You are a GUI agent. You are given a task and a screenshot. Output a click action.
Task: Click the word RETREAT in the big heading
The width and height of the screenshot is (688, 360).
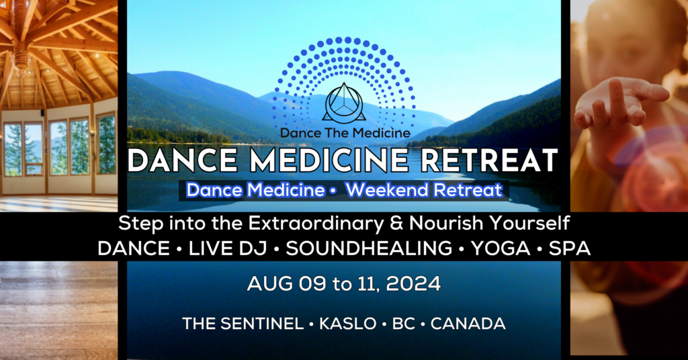pyautogui.click(x=489, y=160)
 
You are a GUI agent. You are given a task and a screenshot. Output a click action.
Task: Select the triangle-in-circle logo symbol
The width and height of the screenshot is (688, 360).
pyautogui.click(x=345, y=103)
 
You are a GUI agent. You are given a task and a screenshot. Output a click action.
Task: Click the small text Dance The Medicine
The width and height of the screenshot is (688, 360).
pyautogui.click(x=345, y=133)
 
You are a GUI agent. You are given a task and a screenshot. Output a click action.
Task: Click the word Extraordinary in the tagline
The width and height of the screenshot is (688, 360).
pyautogui.click(x=316, y=224)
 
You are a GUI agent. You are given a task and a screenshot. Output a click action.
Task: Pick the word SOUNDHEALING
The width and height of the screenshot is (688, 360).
pyautogui.click(x=369, y=249)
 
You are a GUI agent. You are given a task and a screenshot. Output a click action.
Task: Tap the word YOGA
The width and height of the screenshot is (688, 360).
pyautogui.click(x=501, y=249)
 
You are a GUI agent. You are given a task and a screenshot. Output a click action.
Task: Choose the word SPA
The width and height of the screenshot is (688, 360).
pyautogui.click(x=570, y=249)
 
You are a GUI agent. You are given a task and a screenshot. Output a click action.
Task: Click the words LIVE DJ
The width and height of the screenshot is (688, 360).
pyautogui.click(x=228, y=249)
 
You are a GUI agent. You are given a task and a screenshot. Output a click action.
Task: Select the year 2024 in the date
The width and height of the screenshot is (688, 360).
pyautogui.click(x=413, y=284)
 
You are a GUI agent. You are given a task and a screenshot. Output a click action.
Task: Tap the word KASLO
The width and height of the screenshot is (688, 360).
pyautogui.click(x=347, y=324)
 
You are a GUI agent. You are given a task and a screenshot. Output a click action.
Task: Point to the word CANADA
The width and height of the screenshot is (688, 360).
pyautogui.click(x=468, y=324)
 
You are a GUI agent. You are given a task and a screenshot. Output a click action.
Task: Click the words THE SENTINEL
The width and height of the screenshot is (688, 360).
pyautogui.click(x=243, y=324)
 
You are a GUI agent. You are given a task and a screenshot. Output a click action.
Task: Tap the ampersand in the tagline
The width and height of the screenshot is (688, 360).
pyautogui.click(x=396, y=224)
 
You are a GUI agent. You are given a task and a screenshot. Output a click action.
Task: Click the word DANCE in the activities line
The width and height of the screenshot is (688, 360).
pyautogui.click(x=134, y=249)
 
